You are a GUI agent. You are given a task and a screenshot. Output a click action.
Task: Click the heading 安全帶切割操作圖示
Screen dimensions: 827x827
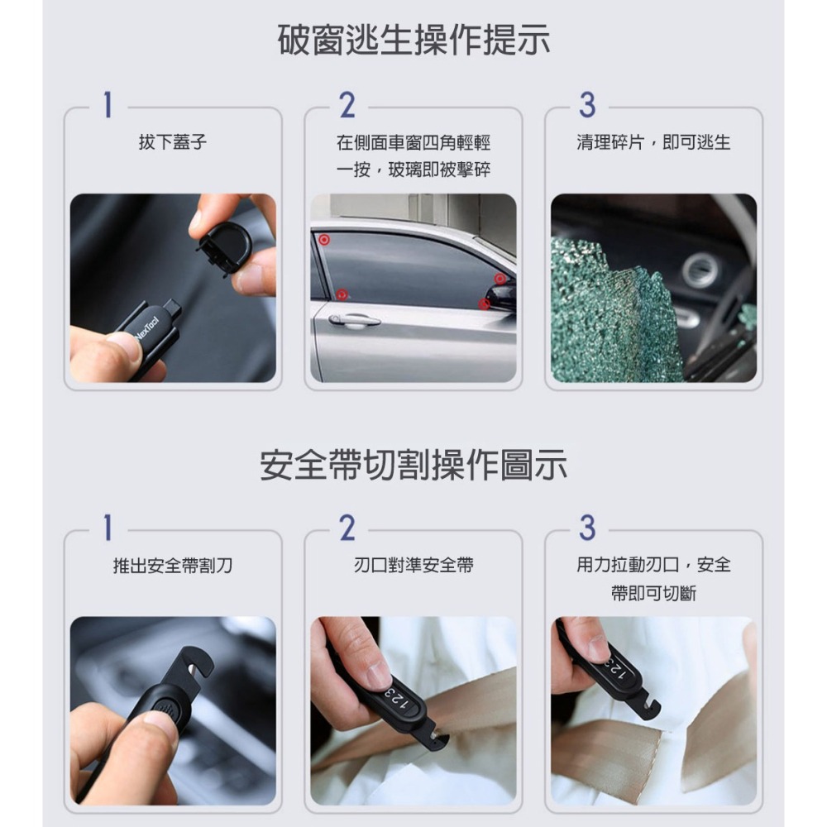coord(413,466)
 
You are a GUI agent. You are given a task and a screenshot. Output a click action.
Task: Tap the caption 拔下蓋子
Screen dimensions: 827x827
coord(172,143)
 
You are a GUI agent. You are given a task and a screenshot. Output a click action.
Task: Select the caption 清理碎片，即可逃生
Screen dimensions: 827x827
coord(653,143)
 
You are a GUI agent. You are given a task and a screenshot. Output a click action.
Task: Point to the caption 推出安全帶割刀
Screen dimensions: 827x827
coord(172,566)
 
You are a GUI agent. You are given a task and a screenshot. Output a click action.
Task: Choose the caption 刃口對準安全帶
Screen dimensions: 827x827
coord(413,566)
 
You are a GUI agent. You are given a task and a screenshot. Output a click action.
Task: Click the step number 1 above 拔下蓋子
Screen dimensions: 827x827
coord(107,105)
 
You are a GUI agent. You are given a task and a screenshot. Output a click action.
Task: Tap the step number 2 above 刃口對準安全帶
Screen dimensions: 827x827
coord(347,528)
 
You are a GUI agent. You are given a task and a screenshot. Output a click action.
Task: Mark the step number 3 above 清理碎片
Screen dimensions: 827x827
coord(587,105)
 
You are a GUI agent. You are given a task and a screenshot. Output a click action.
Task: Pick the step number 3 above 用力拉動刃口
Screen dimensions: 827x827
coord(587,528)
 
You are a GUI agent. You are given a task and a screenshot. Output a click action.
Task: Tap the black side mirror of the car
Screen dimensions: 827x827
coord(501,296)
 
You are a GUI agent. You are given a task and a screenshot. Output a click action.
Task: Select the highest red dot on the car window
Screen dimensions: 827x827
coord(323,239)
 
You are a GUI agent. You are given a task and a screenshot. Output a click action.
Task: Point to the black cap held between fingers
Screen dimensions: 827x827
coord(224,246)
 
